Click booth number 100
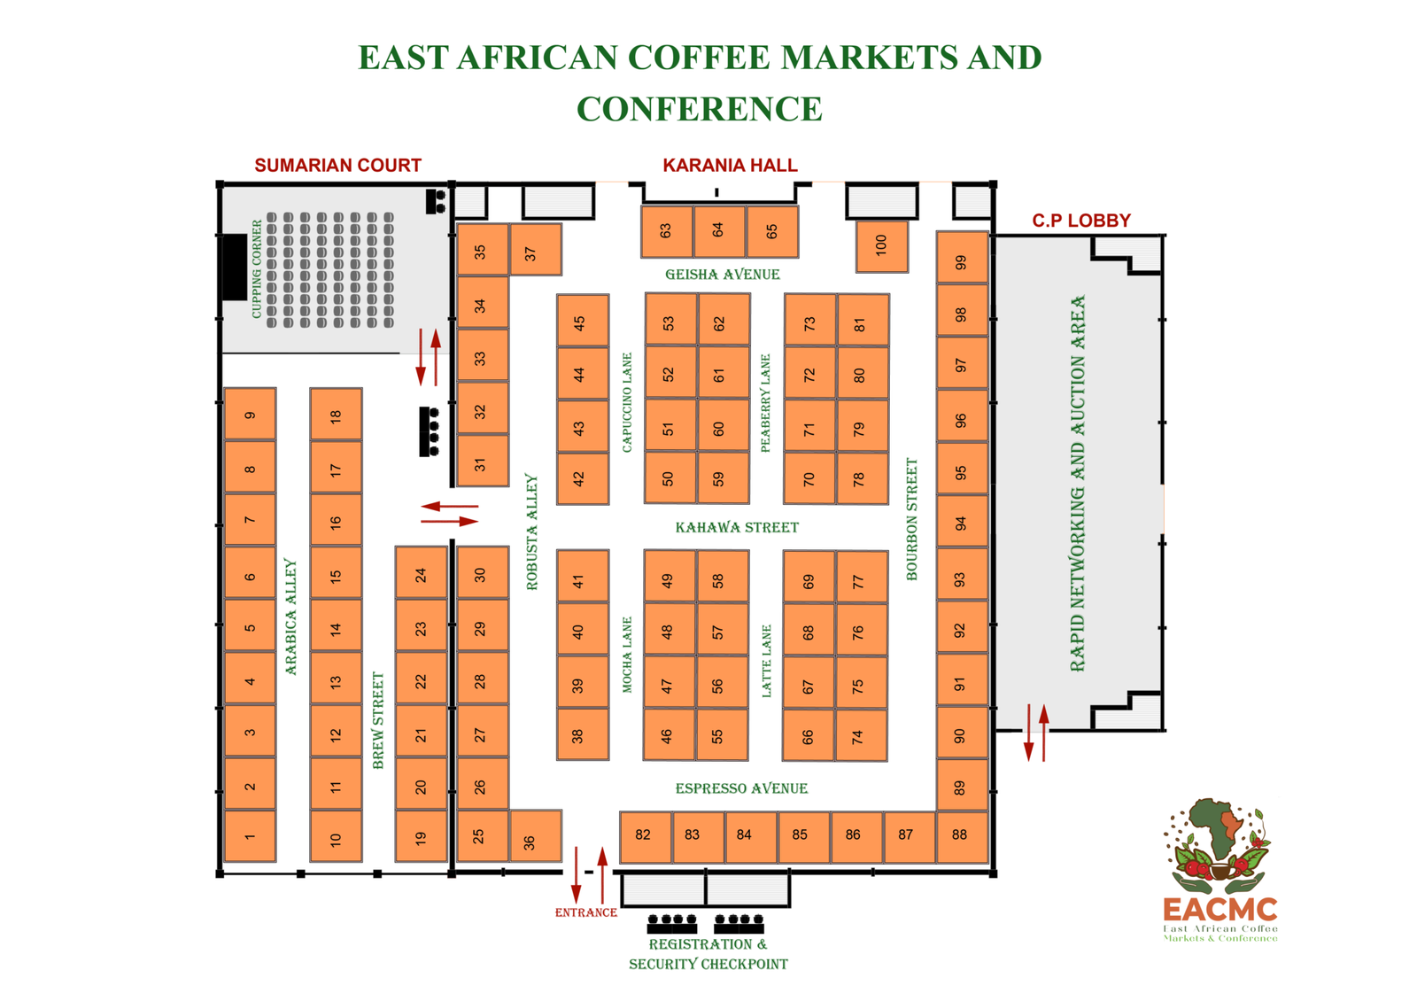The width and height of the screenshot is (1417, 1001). [882, 246]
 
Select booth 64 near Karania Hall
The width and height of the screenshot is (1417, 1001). [720, 231]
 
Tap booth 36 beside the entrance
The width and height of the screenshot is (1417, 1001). [536, 836]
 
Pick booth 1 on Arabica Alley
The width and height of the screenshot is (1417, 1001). [250, 836]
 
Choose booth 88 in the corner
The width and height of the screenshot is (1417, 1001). [962, 836]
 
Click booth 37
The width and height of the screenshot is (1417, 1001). [536, 249]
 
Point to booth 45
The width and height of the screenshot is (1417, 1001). [583, 320]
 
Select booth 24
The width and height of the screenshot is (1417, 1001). [422, 572]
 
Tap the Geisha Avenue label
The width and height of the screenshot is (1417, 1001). [723, 275]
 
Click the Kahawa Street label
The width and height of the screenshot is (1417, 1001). [737, 528]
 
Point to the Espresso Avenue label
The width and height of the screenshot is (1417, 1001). [741, 788]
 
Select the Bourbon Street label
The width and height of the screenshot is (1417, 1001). [911, 519]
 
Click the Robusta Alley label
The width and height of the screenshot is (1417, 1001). [532, 532]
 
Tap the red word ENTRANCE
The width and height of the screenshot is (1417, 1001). [585, 912]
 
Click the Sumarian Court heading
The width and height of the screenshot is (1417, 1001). [337, 165]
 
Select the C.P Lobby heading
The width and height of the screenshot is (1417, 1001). [1081, 221]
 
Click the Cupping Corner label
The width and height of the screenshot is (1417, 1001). [256, 269]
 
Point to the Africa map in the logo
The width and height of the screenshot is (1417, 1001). [1216, 828]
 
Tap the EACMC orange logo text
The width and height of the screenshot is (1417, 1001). [1220, 910]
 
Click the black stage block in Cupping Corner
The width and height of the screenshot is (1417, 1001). [234, 267]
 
